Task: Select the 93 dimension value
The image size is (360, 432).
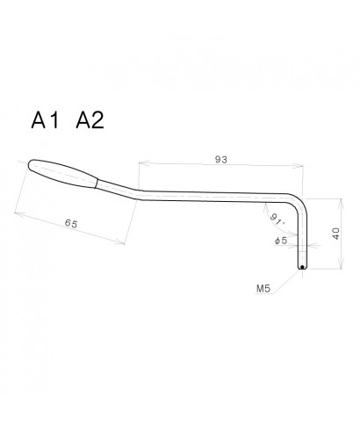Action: tap(221, 159)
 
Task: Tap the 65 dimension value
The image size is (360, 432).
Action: tap(71, 225)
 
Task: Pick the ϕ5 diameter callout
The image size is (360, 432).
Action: tap(280, 240)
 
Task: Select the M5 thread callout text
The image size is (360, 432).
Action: tap(263, 287)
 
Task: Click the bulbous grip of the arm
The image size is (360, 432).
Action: tap(61, 172)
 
